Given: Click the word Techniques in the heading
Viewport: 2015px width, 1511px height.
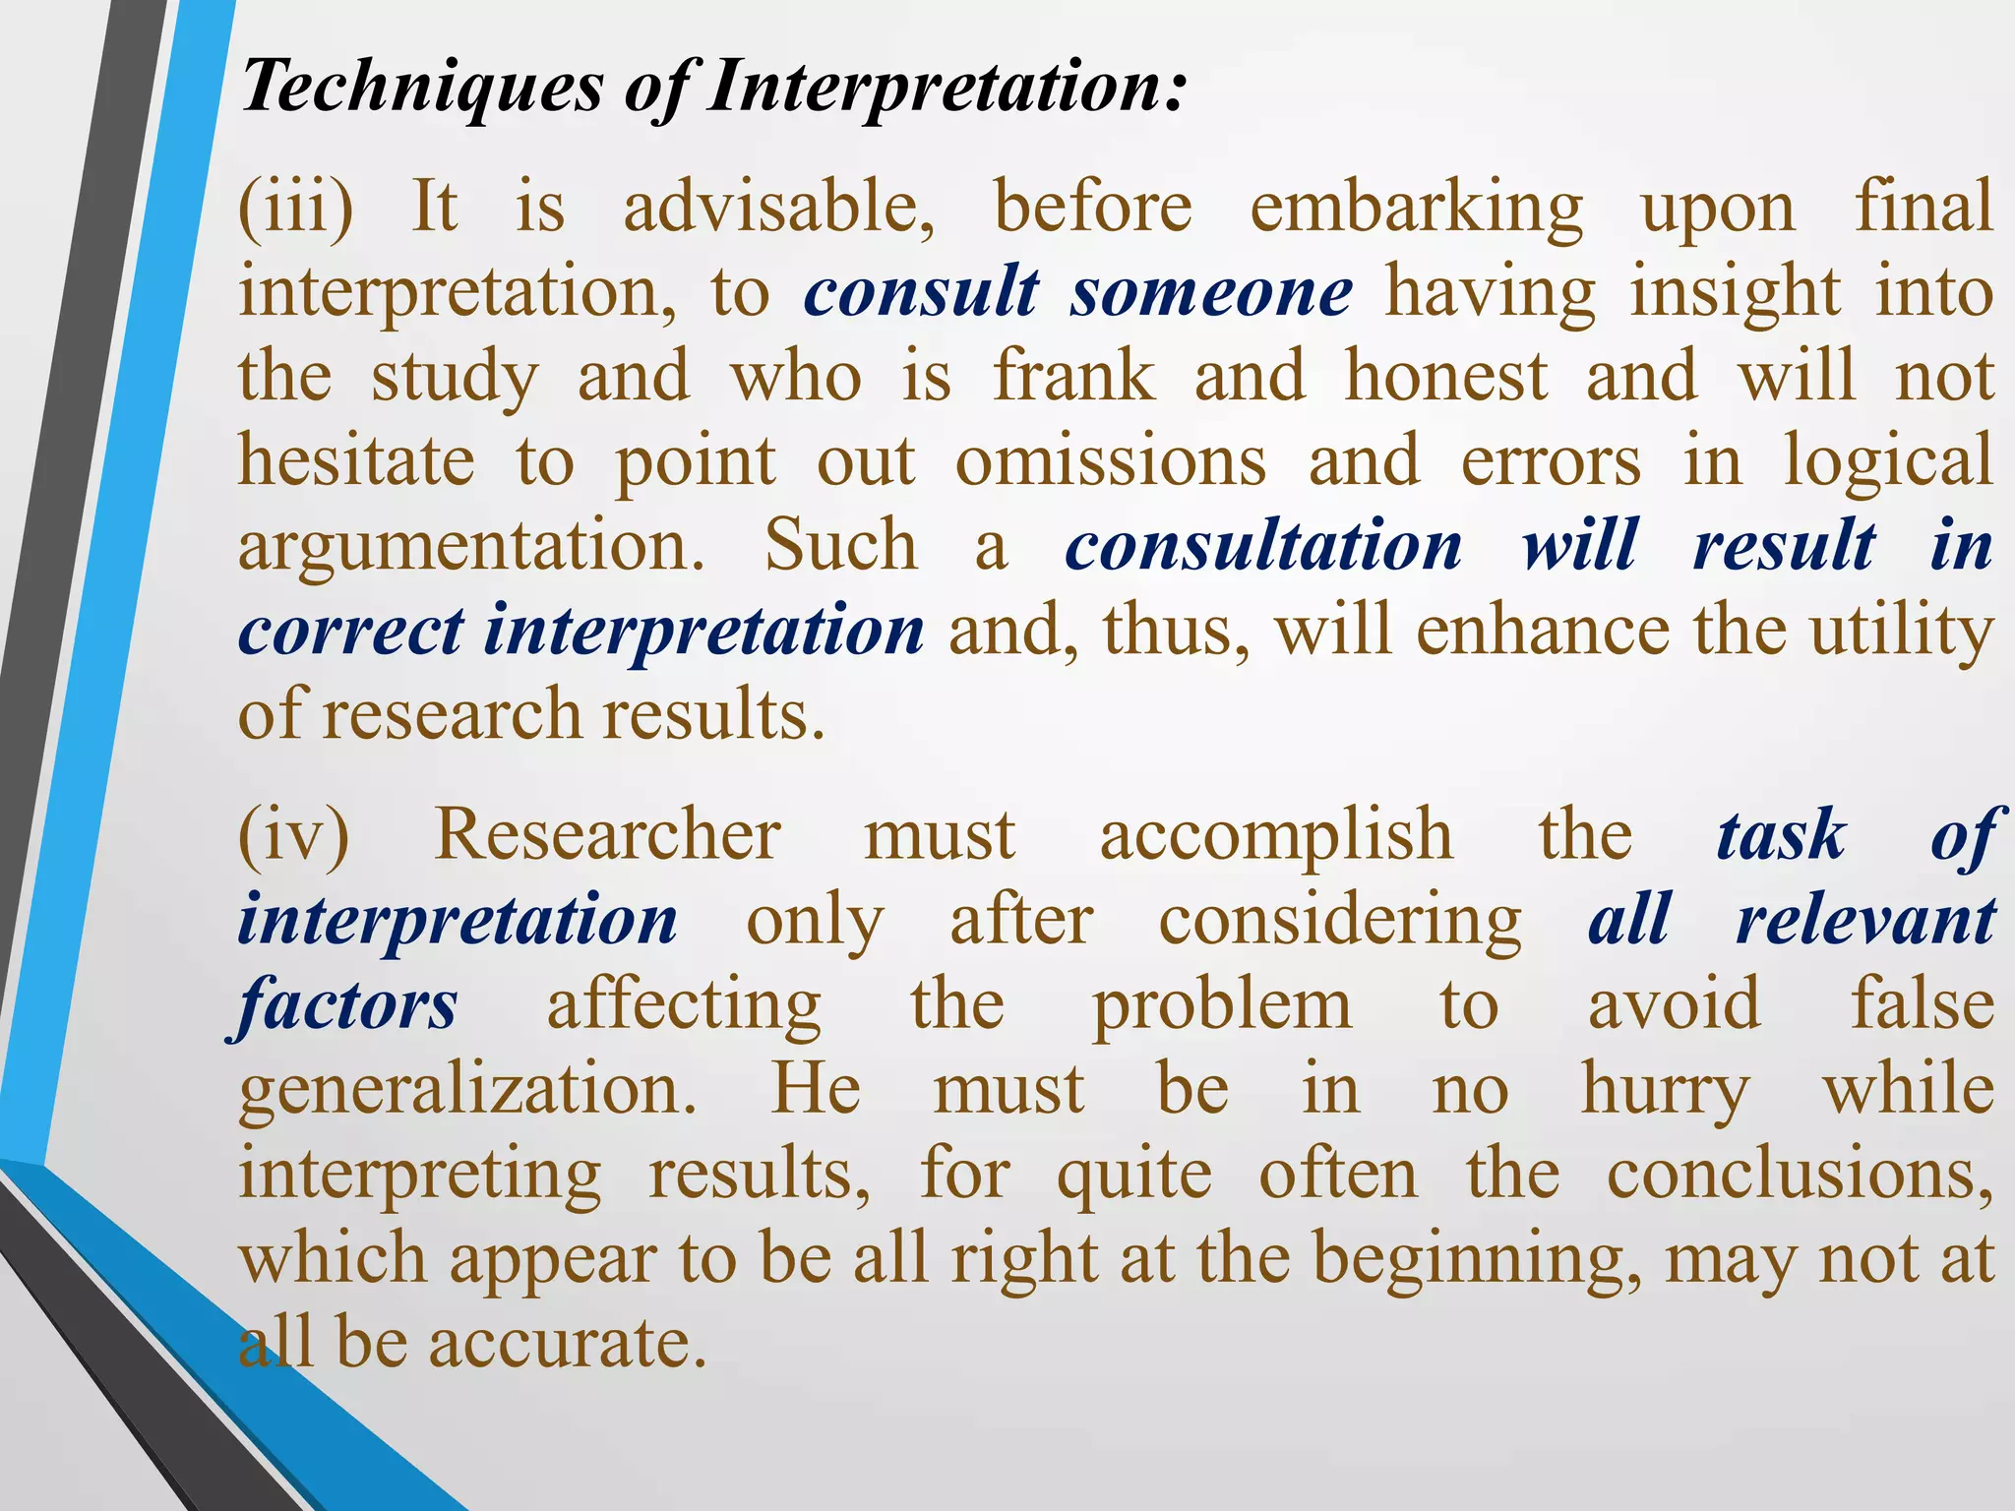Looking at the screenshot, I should click(423, 88).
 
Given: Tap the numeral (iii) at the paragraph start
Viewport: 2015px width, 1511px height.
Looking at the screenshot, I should click(296, 209).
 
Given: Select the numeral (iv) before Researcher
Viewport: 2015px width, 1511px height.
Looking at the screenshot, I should click(294, 837).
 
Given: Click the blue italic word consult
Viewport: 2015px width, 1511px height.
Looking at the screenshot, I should click(921, 293).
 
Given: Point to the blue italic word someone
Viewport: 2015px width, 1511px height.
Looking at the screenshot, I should click(1212, 293).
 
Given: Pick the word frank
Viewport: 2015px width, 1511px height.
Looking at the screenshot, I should click(1073, 378).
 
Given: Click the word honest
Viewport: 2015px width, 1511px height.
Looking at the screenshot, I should click(1446, 378).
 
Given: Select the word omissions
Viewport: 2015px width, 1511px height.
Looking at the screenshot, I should click(1111, 462).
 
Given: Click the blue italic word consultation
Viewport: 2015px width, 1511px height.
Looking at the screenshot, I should click(1263, 547).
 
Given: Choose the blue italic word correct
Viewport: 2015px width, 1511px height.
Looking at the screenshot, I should click(350, 632).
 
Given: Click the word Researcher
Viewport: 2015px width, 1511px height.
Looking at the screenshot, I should click(607, 837).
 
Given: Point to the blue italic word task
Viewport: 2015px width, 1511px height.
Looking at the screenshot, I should click(1781, 837).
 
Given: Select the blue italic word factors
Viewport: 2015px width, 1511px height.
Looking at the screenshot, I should click(347, 1006).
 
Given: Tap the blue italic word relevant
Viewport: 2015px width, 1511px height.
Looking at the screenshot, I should click(1865, 922).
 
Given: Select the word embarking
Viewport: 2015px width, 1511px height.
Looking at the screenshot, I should click(1417, 209).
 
